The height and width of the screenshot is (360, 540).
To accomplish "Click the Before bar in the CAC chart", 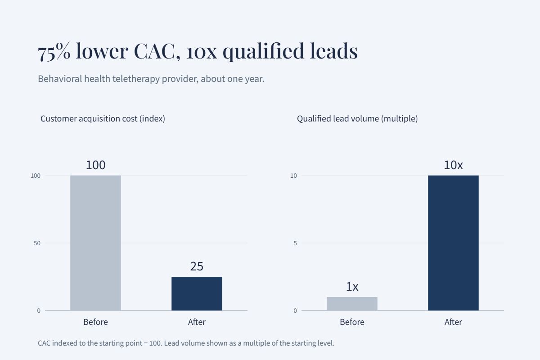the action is [x=95, y=243].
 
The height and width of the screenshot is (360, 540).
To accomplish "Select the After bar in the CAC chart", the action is [x=197, y=293].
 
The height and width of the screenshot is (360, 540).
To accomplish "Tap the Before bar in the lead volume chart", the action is [x=352, y=304].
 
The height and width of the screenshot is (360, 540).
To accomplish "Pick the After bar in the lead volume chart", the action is [x=453, y=243].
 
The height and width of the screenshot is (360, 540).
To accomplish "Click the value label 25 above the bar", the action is [x=197, y=266].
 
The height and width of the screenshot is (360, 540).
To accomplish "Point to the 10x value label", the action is [x=453, y=165].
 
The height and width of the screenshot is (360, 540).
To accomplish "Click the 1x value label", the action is [x=352, y=287].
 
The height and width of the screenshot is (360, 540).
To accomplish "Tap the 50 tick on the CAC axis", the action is [x=37, y=243].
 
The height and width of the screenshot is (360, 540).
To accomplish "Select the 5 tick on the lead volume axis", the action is [x=295, y=243].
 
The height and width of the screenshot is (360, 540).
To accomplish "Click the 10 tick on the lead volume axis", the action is [x=293, y=175].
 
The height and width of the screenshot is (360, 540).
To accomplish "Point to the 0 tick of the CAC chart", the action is [x=39, y=310].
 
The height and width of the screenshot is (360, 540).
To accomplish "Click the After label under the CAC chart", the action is [x=197, y=322].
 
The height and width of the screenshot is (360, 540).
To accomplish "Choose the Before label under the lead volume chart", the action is [x=352, y=322].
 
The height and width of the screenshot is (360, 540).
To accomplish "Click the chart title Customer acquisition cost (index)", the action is [x=103, y=119].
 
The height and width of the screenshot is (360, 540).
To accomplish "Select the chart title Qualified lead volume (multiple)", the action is [x=357, y=119].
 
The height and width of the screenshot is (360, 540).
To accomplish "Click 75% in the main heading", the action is [x=54, y=51].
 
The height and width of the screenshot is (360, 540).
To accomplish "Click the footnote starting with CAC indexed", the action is [x=186, y=343].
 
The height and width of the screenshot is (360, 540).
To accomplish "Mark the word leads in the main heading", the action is [x=333, y=51].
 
